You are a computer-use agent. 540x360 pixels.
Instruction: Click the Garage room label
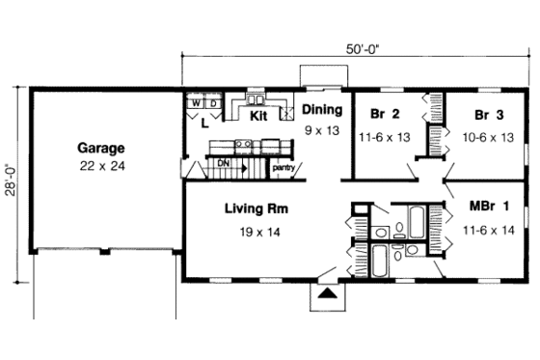(101, 149)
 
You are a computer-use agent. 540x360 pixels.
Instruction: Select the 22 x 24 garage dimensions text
(101, 166)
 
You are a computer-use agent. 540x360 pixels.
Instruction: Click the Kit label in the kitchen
(257, 116)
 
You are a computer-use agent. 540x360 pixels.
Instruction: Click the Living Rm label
(257, 208)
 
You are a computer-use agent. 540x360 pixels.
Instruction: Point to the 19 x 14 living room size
(257, 232)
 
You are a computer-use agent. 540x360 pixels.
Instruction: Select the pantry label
(283, 168)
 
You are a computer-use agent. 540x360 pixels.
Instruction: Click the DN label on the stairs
(223, 163)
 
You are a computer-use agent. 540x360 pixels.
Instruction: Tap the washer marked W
(195, 101)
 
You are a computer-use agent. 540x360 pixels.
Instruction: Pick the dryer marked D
(211, 101)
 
